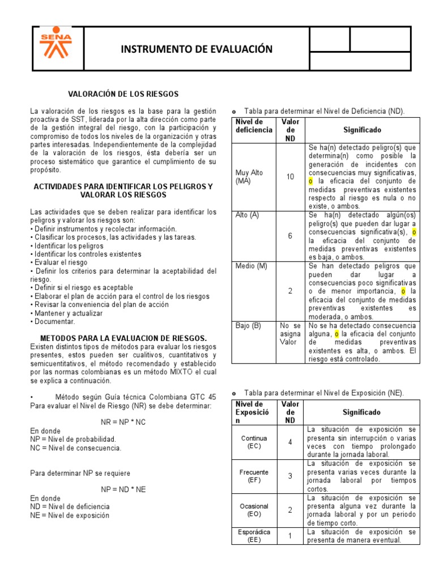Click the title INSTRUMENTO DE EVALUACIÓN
[197, 49]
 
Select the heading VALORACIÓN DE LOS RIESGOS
[123, 93]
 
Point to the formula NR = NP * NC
[123, 423]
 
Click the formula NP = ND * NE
[123, 489]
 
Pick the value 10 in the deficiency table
[290, 177]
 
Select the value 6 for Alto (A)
[290, 236]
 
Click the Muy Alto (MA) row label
[249, 176]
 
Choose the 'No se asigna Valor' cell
[290, 334]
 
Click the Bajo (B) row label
[248, 326]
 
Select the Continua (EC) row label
[254, 442]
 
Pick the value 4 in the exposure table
[290, 442]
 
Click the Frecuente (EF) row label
[254, 476]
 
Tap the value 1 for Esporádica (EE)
[290, 536]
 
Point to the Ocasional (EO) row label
[254, 510]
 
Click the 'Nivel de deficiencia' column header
[254, 126]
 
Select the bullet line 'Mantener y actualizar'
[68, 313]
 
